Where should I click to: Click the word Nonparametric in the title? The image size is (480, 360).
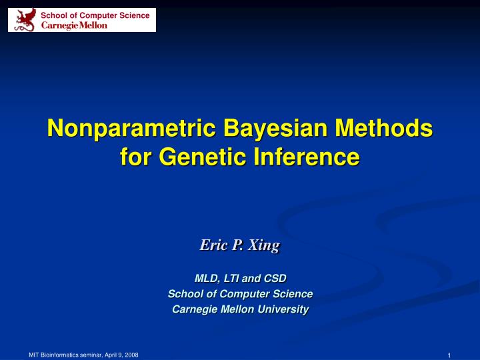pos(128,127)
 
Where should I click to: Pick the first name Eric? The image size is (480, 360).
pos(214,245)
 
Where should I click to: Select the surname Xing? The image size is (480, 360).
pos(263,245)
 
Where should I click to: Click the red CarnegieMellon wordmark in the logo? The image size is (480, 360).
pos(74,25)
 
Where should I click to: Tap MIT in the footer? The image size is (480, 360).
pos(34,355)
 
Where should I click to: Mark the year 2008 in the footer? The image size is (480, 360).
pos(131,355)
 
